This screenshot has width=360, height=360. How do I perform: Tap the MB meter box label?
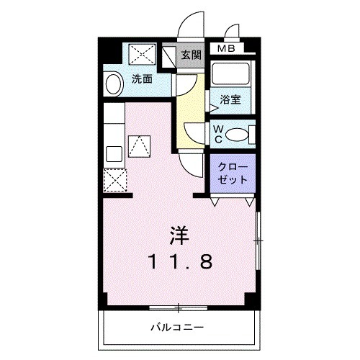click(x=225, y=49)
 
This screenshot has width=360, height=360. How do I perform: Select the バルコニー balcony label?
click(x=176, y=328)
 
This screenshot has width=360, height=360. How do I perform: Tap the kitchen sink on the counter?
click(x=113, y=153)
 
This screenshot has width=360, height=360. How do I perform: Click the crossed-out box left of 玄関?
click(x=169, y=56)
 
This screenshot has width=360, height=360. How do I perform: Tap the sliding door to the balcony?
click(x=177, y=309)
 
